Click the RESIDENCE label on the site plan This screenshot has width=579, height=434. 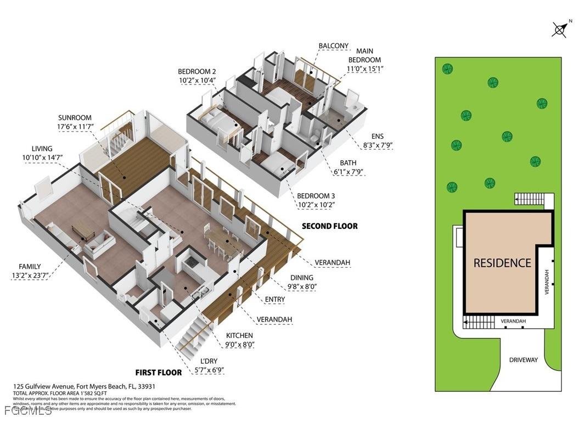502,263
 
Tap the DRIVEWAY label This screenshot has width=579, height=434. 523,360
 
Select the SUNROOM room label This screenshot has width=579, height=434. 75,118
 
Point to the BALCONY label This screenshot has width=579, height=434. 333,46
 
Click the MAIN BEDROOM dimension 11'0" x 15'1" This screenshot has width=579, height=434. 364,69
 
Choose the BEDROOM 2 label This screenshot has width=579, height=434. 196,71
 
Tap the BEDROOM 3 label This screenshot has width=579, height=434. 316,196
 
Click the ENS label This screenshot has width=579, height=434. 377,136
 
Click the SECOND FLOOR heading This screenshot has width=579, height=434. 329,226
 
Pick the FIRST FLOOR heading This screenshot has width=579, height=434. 159,373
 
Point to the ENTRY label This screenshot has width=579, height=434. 274,299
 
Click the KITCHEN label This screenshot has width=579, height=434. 240,335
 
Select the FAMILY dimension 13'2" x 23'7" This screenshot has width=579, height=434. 30,276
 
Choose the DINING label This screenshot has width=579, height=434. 302,278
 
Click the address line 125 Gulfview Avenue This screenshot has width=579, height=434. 84,386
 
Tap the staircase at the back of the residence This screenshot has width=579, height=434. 530,199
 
